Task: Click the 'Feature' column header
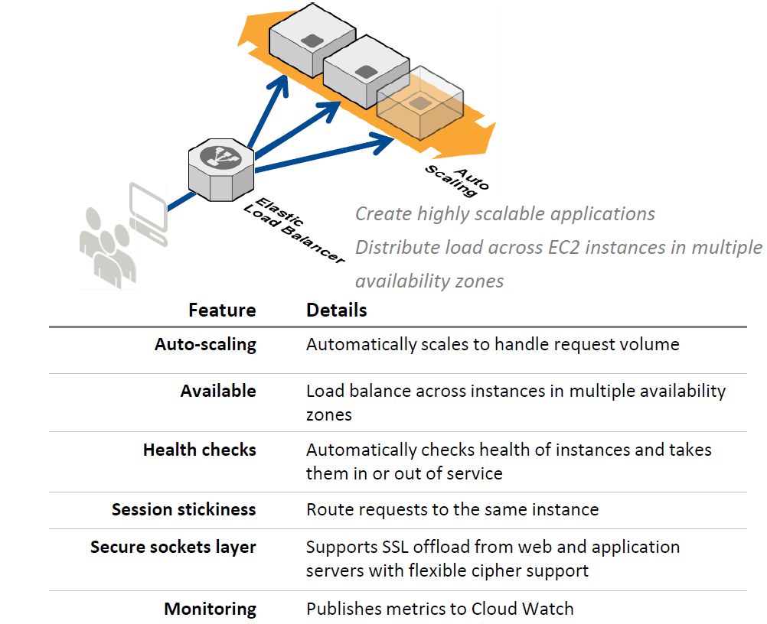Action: click(222, 310)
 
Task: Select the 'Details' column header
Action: click(337, 310)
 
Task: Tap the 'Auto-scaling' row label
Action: click(205, 344)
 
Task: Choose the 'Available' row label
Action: click(218, 391)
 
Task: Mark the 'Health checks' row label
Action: click(199, 450)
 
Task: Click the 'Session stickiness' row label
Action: click(184, 509)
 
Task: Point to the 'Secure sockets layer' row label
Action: click(173, 547)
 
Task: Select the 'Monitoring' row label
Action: click(210, 609)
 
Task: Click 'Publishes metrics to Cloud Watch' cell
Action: click(439, 609)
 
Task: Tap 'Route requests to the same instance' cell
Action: click(452, 509)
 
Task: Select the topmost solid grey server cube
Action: click(312, 38)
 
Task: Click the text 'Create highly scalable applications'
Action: click(505, 213)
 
